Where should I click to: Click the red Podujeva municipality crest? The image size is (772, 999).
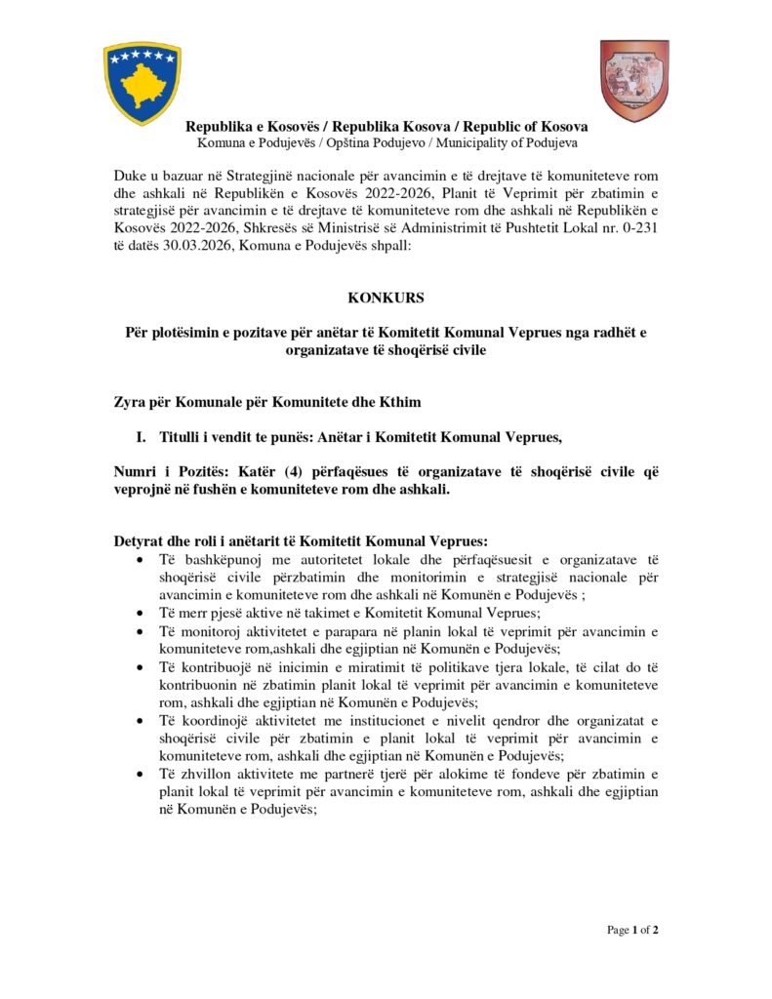click(x=633, y=80)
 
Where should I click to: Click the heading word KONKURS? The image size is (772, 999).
click(x=386, y=298)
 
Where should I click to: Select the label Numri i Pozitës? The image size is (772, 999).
click(x=174, y=472)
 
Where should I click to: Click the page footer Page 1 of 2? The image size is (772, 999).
click(x=633, y=930)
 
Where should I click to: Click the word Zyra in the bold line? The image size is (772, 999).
click(x=132, y=402)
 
